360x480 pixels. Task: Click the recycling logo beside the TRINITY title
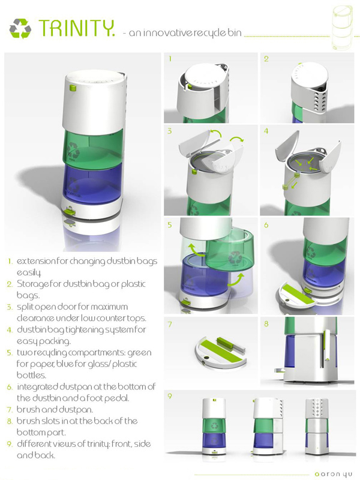coord(20,28)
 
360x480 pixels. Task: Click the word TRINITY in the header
coord(77,28)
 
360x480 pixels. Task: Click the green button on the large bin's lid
coord(73,88)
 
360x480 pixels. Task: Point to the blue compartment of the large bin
coord(92,181)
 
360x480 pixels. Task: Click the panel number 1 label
coord(170,58)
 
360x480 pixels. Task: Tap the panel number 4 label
coord(266,131)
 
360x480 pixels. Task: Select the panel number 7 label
coord(170,324)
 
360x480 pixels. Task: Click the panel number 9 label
coord(170,396)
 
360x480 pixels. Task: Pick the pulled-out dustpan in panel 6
coord(298,296)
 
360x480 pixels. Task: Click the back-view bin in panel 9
coord(317,426)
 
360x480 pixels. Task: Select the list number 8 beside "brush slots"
coord(10,422)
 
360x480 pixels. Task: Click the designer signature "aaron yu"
coord(334,474)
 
